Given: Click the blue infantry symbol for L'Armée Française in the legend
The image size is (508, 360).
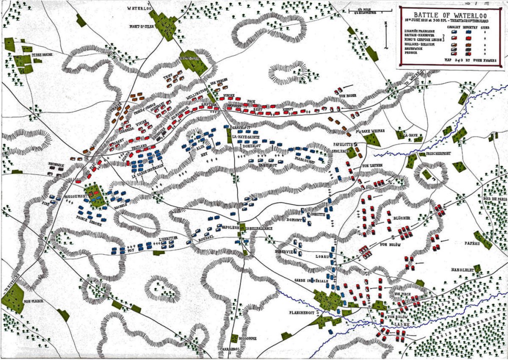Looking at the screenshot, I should (x=469, y=31).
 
